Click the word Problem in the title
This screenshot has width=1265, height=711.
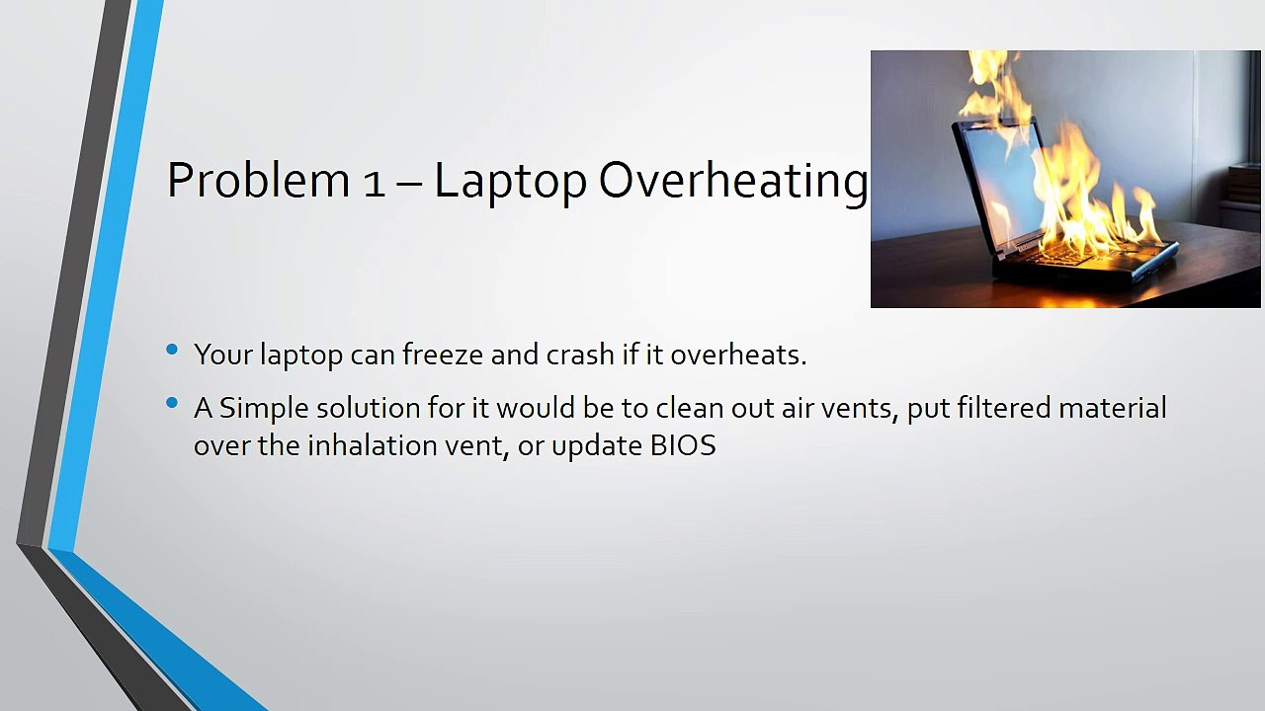coord(257,181)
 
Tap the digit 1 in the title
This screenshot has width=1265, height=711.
coord(374,183)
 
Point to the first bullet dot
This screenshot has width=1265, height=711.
coord(173,350)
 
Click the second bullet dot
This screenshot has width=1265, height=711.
coord(173,403)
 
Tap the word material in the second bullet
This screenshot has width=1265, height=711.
coord(1113,408)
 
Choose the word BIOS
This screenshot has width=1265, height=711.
coord(683,445)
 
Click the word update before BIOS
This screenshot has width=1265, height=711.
coord(597,446)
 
